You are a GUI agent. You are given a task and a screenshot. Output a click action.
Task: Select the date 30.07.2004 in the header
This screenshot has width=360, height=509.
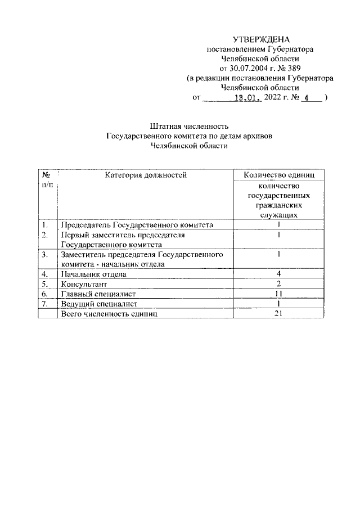coord(246,68)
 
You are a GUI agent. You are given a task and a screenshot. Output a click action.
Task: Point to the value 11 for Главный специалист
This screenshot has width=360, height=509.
coord(278,294)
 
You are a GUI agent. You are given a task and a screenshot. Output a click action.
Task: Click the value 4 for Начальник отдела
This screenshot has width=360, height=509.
coord(278,274)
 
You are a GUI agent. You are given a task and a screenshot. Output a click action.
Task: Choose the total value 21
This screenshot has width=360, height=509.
coord(278,314)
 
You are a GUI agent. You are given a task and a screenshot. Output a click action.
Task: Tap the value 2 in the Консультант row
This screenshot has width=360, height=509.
coord(278,284)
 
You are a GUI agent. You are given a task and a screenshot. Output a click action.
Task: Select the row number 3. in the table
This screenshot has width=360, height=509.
coord(44,255)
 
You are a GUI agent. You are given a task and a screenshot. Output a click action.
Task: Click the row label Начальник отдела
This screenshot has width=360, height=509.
coord(93,274)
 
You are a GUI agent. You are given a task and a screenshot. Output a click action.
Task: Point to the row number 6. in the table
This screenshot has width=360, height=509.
coord(44,294)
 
